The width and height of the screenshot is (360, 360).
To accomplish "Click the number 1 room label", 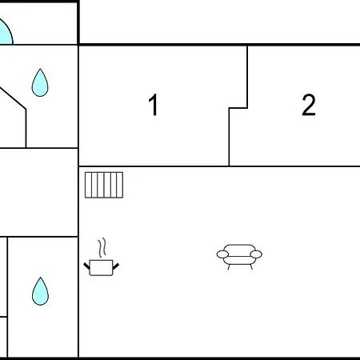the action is point(154,105).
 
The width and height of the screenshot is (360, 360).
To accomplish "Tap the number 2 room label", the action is point(309,105).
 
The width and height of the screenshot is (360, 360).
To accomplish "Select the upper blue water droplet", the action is point(40,82).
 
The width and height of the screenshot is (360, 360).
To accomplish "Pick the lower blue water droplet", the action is point(40,291).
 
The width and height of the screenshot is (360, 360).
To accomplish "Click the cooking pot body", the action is point(101,267).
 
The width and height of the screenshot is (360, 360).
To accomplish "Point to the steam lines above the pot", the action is point(102,247).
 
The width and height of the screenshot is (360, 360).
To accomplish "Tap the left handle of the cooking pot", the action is point(87,266).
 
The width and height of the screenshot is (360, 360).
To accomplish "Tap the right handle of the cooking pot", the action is point(116,266).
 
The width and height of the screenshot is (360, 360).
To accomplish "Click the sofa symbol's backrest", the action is point(239,250).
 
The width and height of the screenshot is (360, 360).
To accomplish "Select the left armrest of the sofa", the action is point(222,254).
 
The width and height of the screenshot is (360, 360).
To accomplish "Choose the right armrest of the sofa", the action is point(256,254).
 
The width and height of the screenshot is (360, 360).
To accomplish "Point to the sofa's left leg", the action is point(229,266).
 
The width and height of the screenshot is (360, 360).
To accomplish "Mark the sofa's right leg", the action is point(251,266).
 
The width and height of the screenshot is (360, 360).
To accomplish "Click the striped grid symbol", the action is point(104,185).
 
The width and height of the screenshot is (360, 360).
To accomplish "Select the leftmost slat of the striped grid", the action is point(88,185).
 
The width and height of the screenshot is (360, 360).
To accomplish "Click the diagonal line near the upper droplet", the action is point(13,98).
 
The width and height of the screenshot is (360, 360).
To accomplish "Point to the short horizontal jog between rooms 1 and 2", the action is point(238,108).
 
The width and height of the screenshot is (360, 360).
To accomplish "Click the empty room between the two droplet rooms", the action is point(39,192).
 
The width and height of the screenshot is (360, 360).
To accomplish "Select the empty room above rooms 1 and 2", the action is point(220,22).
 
